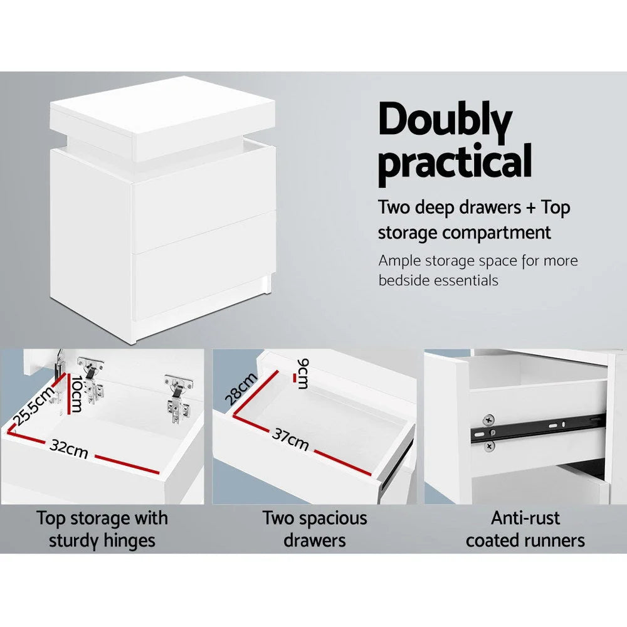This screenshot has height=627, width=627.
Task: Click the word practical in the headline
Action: pyautogui.click(x=455, y=162)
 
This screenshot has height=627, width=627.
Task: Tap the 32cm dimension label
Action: pyautogui.click(x=68, y=448)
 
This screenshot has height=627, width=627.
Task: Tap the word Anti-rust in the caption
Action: pyautogui.click(x=525, y=519)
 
